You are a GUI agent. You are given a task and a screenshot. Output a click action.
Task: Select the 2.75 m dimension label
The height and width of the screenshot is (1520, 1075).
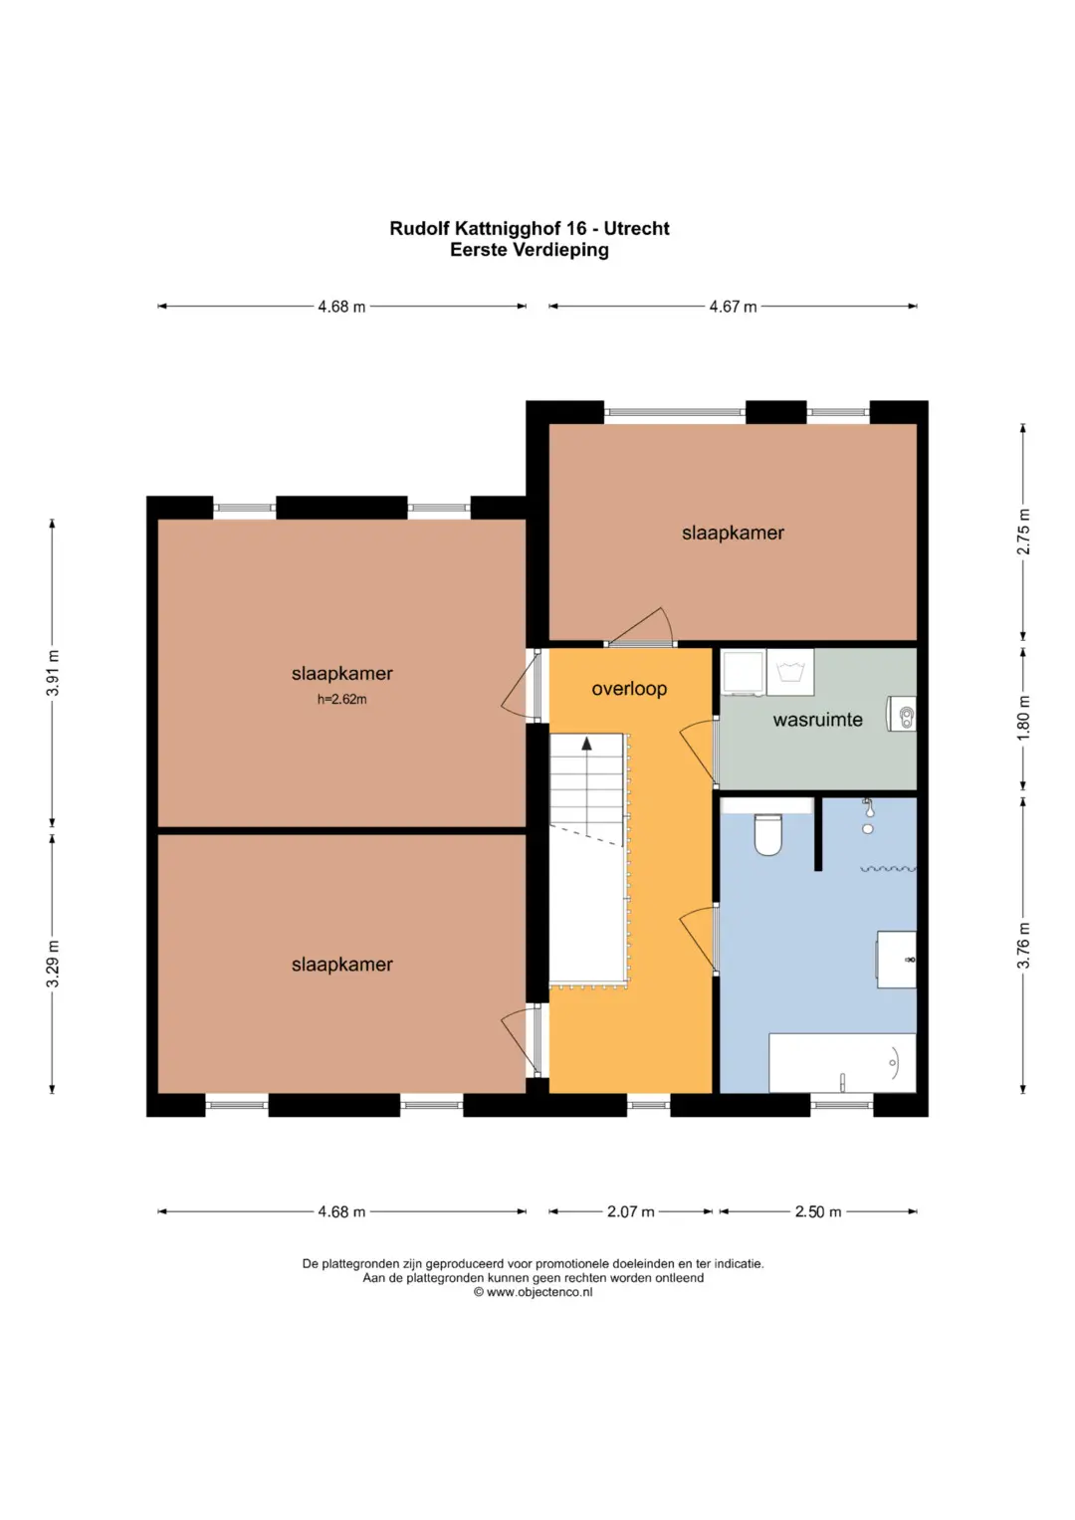point(1023,532)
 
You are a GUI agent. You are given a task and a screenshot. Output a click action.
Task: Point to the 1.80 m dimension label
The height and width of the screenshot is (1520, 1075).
point(1023,719)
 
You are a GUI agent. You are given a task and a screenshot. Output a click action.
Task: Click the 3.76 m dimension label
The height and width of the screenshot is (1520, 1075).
point(1023,946)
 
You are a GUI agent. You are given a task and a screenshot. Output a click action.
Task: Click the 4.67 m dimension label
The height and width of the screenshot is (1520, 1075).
point(733,307)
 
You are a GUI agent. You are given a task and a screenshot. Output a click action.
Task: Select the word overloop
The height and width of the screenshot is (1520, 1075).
point(629,689)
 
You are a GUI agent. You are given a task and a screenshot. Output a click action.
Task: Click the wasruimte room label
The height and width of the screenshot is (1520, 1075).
point(818,720)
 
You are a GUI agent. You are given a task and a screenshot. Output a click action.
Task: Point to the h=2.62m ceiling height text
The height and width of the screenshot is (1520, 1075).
point(342,699)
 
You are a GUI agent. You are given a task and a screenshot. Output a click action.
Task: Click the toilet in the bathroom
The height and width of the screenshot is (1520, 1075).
point(768,834)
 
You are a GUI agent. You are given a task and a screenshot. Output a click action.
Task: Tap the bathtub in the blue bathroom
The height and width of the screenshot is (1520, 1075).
point(842,1063)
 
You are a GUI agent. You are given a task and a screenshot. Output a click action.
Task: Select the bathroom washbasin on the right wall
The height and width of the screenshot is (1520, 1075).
point(896,959)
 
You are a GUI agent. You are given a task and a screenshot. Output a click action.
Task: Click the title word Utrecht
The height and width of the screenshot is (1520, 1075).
point(637,229)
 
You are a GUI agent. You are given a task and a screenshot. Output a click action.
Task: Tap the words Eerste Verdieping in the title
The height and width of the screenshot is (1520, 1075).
point(530,250)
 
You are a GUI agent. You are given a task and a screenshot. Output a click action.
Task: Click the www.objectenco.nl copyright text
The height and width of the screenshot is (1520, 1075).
point(533,1292)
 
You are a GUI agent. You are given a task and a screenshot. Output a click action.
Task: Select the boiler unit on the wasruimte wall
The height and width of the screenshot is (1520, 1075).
point(901,714)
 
